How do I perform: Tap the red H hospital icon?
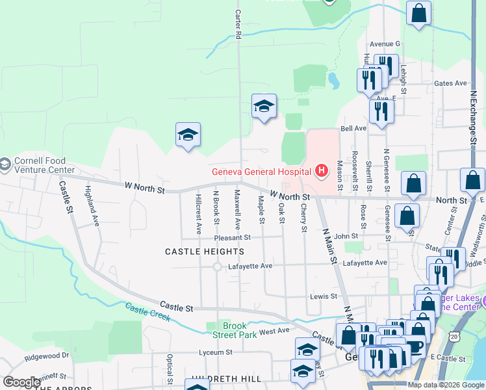point(320,172)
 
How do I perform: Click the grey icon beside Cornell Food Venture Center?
point(5,162)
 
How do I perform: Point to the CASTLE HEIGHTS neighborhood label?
point(205,251)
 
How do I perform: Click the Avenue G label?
point(385,44)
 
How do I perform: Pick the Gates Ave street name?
point(451,83)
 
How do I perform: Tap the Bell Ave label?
point(354,129)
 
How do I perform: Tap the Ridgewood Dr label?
point(47,356)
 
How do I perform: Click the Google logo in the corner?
point(21,382)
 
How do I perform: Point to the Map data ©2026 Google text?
point(446,385)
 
